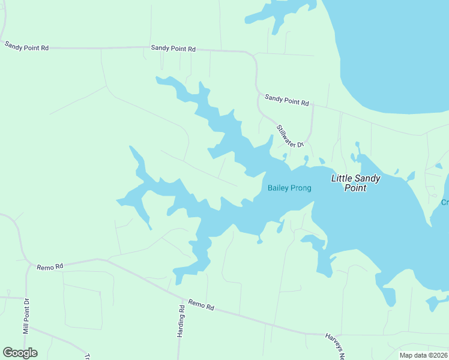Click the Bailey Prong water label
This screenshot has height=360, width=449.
click(289, 188)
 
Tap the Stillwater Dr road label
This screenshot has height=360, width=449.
click(291, 136)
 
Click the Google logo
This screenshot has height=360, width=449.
click(20, 353)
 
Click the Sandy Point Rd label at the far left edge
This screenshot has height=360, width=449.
click(26, 46)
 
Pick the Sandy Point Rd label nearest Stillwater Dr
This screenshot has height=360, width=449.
click(286, 100)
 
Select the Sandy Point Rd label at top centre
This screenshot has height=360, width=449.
click(173, 48)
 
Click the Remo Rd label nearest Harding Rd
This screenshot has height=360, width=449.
click(201, 305)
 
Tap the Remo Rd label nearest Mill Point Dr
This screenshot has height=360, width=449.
click(50, 266)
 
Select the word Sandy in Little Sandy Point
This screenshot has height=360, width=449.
click(368, 178)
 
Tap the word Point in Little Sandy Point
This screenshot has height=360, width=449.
click(355, 188)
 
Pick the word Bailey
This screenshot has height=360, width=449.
click(279, 188)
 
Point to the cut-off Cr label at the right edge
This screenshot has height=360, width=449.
click(445, 202)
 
